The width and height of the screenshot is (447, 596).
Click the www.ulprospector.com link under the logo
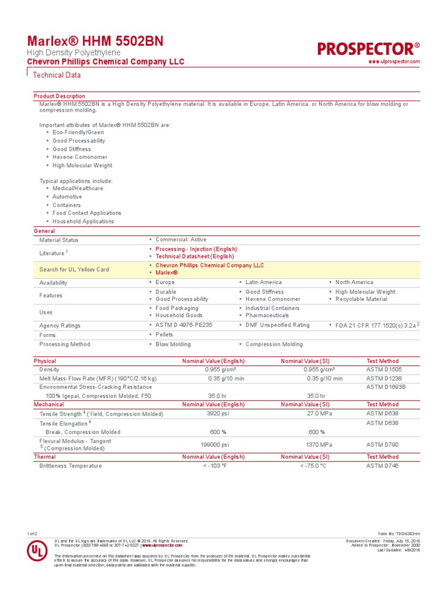394,61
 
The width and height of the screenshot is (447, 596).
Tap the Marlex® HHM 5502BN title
96,41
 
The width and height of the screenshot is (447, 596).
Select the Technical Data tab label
56,75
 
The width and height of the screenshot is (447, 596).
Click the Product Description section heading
59,96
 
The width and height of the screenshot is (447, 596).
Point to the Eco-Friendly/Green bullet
78,133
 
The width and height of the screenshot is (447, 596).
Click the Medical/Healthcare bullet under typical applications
77,189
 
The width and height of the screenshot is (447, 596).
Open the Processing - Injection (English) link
196,249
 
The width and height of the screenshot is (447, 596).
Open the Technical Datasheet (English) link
194,256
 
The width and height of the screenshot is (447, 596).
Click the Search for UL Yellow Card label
74,270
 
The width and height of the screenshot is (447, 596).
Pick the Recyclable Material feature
361,299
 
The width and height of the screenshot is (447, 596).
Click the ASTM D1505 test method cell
384,370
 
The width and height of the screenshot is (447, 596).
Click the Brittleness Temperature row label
70,466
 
